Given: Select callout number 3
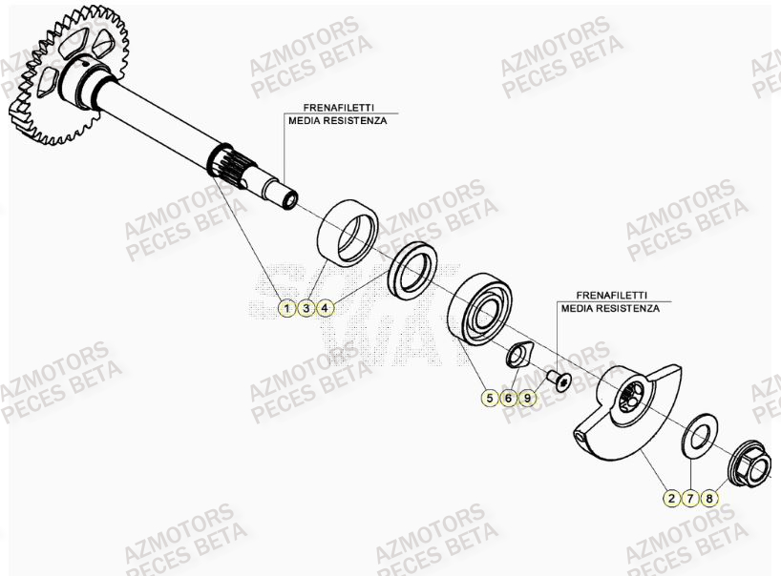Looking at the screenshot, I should point(305,308).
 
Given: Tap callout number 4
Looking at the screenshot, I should point(325,308).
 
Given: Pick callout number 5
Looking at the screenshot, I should point(490,399).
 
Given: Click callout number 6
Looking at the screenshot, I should point(509,399).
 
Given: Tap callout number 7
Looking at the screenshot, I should point(690,498).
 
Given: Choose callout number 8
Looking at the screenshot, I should point(709,498).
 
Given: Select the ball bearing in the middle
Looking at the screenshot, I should point(482,310).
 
